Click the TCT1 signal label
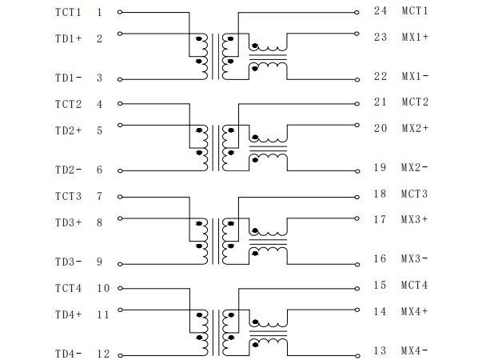(68, 12)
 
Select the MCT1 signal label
(415, 10)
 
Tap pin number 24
(380, 10)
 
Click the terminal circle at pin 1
(120, 12)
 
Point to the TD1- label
(68, 78)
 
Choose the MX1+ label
(415, 37)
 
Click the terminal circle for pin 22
(357, 80)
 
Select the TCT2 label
(68, 104)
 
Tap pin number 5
(99, 130)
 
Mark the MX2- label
(414, 167)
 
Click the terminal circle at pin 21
(357, 104)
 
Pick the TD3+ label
(69, 222)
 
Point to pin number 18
(380, 194)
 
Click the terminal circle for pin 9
(120, 264)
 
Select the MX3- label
(414, 258)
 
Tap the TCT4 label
(68, 288)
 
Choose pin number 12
(103, 354)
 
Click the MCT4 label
(414, 285)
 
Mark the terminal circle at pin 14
(357, 310)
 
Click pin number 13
(380, 350)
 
